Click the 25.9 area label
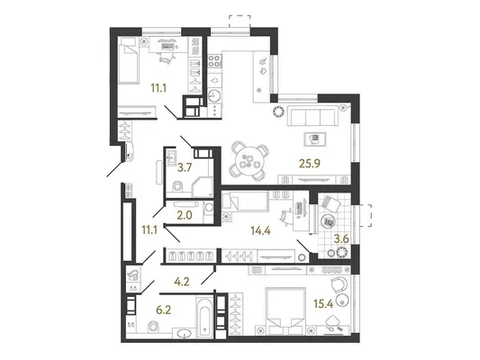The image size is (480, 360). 310,164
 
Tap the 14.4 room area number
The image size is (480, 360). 260,230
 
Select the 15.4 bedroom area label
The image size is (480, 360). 323,303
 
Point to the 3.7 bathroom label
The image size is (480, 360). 185,167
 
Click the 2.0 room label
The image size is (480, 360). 185,215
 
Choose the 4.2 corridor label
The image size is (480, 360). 182,282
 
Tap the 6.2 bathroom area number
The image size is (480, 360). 164,310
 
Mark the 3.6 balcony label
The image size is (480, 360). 341,238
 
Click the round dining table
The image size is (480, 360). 249,161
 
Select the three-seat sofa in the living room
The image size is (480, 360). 312,116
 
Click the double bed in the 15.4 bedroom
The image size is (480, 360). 286,310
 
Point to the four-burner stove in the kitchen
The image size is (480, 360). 215,61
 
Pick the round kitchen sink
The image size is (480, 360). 214,95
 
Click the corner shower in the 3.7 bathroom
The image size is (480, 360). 203,186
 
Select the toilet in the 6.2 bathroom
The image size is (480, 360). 153,327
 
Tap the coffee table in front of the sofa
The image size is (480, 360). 315,139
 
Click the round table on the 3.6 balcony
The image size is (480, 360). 328,220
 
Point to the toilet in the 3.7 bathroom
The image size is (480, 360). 177,186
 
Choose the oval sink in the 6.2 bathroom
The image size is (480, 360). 184,333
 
